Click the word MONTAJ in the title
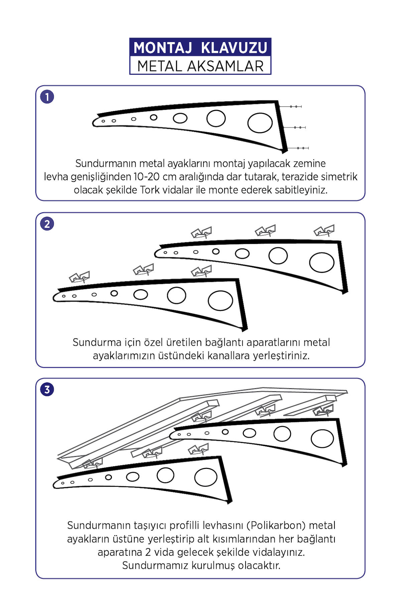coord(163,47)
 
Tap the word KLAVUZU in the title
coord(234,47)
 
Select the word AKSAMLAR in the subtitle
coord(225,66)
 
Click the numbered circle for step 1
coord(47,97)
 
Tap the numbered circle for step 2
coord(47,223)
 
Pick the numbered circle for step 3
coord(47,389)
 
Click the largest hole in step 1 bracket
coord(260,123)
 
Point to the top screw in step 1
coord(291,106)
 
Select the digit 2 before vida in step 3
coord(148,552)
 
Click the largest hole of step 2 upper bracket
coord(322,262)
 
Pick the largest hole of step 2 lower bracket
coord(220,300)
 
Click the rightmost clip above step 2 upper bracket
coord(324,231)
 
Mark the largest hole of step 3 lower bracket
coord(206,477)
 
